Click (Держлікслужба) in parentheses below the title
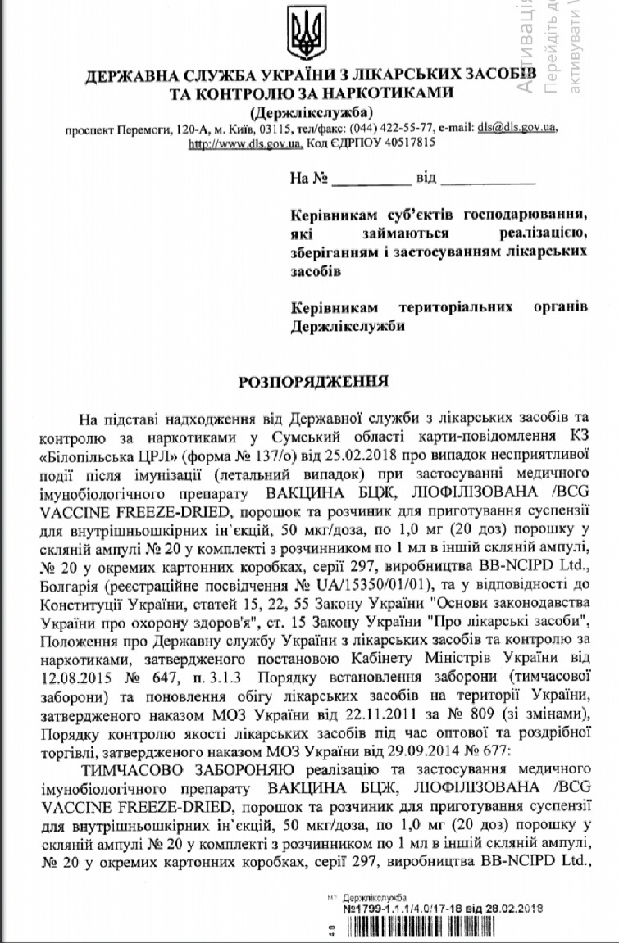[311, 111]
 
